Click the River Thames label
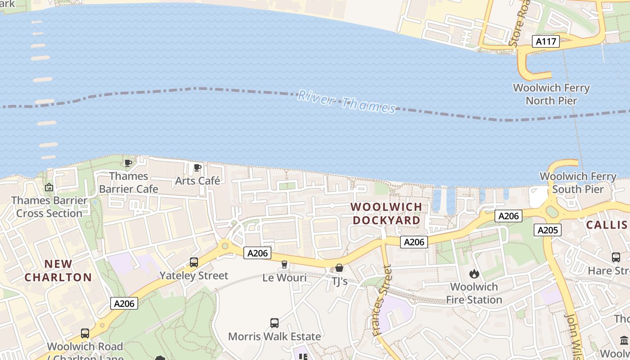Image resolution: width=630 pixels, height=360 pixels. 346,102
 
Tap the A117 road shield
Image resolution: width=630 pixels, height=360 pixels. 546,42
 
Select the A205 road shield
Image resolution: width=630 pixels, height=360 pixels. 548,230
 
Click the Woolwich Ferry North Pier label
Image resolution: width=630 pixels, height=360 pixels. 551,94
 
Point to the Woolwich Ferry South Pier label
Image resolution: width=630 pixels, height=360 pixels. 578,182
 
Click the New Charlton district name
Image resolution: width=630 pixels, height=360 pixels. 58,270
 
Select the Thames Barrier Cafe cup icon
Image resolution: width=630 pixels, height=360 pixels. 128,163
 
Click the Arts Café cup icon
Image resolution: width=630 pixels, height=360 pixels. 198,168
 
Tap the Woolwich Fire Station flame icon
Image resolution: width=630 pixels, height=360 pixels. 474,274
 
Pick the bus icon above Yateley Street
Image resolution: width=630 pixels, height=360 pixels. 194,262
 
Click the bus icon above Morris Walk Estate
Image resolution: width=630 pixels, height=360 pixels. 274,323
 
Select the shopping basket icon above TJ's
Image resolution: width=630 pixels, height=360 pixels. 339,268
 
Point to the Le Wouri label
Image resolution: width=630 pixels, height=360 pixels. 284,278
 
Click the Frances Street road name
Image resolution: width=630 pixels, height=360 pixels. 382,301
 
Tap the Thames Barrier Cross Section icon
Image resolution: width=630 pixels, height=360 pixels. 49,187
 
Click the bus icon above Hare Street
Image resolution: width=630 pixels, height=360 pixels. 616,257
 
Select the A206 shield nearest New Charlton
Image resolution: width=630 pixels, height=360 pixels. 124,303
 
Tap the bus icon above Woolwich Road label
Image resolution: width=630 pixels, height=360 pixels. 85,333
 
